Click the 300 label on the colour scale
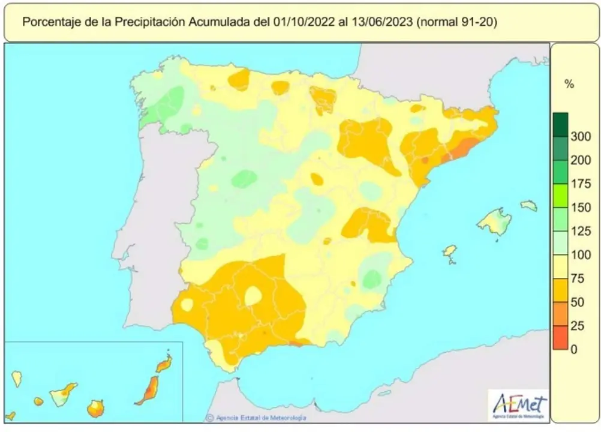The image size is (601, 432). pos(581,137)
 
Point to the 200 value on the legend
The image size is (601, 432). pos(581,160)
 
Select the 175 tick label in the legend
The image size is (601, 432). pos(581,184)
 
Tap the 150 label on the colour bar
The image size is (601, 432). pos(581,208)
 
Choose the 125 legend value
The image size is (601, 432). pos(581,232)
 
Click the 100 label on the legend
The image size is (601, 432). pos(581,255)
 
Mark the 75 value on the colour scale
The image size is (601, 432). pos(578,278)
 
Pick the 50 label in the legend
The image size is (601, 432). pos(578,302)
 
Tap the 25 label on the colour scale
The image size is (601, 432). pos(578,326)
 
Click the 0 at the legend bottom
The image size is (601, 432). pos(574,349)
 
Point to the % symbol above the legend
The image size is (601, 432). pos(569,85)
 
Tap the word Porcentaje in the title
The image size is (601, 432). pos(51,22)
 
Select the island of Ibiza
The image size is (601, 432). pos(449,252)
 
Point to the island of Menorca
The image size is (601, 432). pos(528,206)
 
